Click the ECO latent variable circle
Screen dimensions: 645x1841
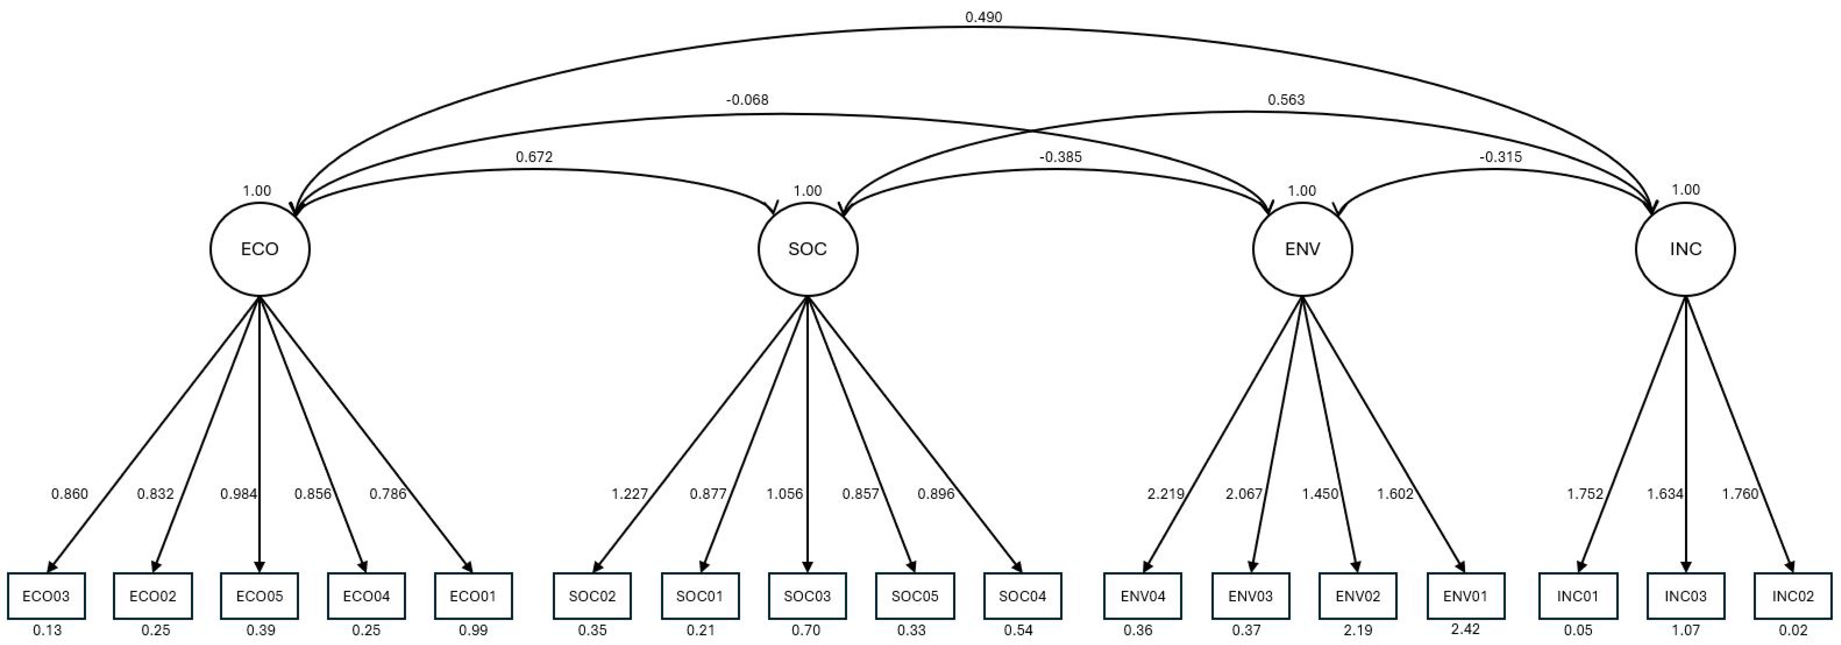point(259,249)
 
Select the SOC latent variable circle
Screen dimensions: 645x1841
point(808,249)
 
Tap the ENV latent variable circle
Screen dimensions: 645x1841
point(1302,249)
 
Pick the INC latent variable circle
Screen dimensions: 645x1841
point(1685,249)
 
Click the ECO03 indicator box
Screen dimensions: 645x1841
point(47,596)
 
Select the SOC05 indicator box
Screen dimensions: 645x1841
point(915,596)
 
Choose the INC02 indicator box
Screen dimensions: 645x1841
point(1792,596)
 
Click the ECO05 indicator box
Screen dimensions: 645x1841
point(259,596)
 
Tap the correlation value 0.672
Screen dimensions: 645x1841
point(534,157)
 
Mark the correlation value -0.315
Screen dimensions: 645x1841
point(1500,157)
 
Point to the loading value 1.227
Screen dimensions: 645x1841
point(629,493)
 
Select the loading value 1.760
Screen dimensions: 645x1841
point(1740,493)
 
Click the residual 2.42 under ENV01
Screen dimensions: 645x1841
point(1465,629)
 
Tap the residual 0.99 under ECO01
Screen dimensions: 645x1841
point(473,630)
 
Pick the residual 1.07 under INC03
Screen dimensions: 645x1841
point(1685,630)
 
